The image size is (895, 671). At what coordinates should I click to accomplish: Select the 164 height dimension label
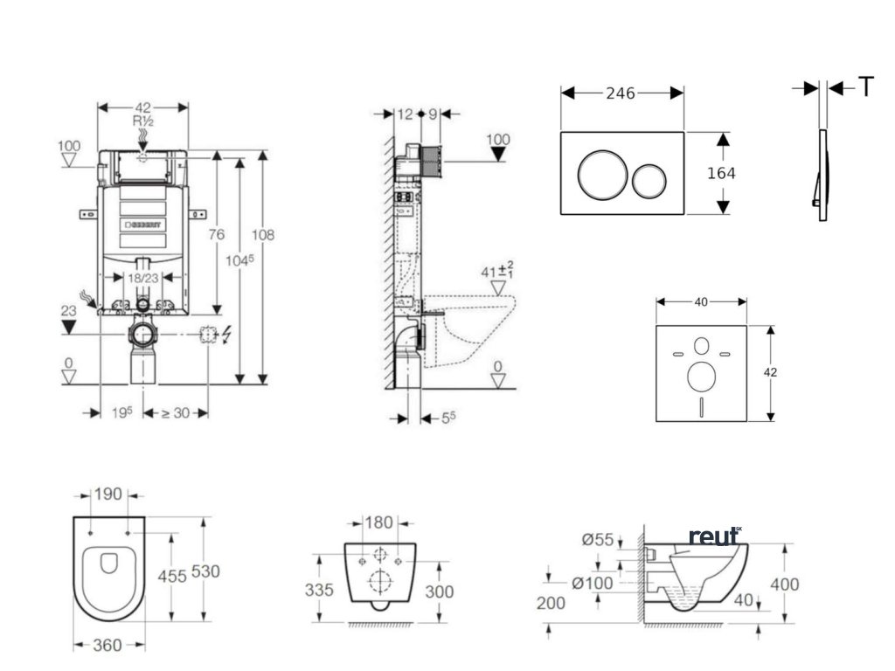pos(721,173)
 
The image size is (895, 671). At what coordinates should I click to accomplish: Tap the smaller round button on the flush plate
pos(649,180)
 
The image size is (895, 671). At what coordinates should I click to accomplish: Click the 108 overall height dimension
pos(262,234)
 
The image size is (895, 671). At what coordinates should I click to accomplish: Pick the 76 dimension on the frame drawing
pos(217,234)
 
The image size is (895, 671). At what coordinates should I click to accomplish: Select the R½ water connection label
pos(142,121)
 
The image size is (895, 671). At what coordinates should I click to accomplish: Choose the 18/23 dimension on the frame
pos(142,277)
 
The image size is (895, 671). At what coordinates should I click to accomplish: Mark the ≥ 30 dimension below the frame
pos(175,412)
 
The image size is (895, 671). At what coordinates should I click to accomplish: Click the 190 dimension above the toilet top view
pos(109,495)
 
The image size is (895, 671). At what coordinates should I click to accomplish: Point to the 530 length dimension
pos(205,571)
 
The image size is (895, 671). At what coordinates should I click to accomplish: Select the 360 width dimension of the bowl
pos(108,646)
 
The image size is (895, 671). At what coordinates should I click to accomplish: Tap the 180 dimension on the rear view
pos(378,522)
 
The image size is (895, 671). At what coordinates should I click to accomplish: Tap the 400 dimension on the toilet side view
pos(785,584)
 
